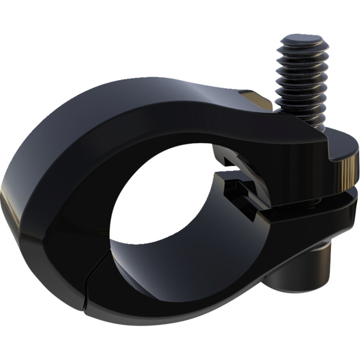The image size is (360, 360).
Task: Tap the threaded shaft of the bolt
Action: click(301, 85)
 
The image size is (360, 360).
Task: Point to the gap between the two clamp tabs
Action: click(315, 198)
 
